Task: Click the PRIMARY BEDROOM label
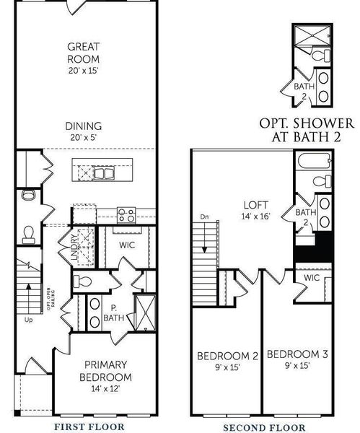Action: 105,371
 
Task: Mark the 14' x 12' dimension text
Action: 105,390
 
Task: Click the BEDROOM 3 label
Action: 297,354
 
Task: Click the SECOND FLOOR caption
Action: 264,427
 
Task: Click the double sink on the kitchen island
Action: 96,173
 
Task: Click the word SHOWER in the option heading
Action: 316,123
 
